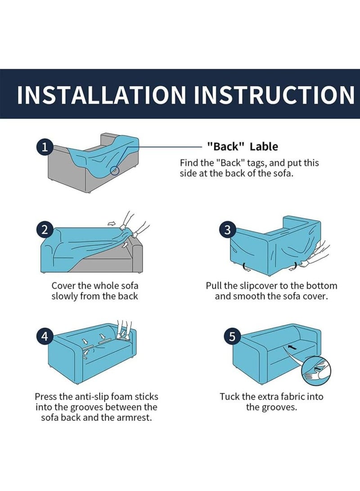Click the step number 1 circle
(45, 147)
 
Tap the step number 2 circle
(45, 230)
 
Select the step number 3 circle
(228, 230)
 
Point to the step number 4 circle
(45, 337)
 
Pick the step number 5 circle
(232, 337)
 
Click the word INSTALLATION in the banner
(101, 94)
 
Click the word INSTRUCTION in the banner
(274, 94)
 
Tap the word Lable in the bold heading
(264, 146)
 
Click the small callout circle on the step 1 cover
(115, 171)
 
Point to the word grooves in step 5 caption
(279, 407)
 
